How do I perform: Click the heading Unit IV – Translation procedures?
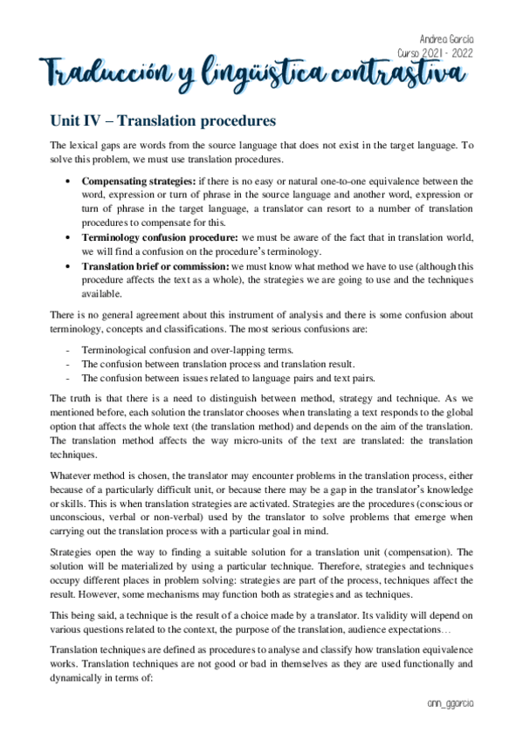pyautogui.click(x=163, y=120)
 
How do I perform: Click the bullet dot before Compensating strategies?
pyautogui.click(x=69, y=182)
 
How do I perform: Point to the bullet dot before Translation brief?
pyautogui.click(x=69, y=266)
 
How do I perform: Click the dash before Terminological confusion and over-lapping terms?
pyautogui.click(x=68, y=350)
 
